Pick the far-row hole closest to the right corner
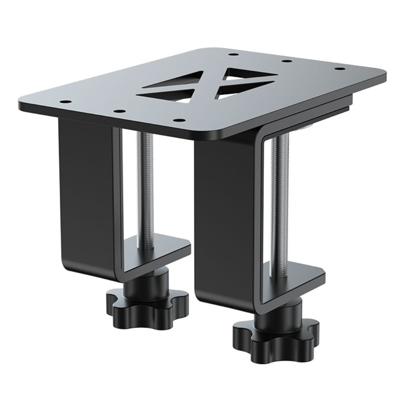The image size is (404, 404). pos(340,69)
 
